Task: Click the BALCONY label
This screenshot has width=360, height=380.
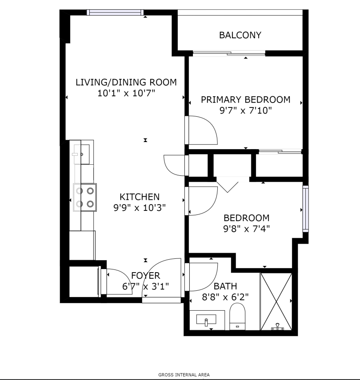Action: [240, 35]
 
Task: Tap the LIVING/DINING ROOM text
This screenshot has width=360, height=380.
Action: [126, 82]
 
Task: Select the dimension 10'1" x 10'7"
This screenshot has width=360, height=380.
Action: [126, 93]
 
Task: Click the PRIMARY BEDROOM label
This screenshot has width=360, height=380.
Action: [245, 99]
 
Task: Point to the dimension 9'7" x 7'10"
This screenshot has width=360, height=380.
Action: [245, 111]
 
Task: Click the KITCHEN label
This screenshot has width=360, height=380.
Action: [140, 197]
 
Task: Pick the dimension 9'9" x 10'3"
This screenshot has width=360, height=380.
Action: [140, 208]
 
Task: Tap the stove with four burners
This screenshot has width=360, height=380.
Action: [85, 198]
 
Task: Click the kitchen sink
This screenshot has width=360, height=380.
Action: [82, 154]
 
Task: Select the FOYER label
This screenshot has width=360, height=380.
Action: [145, 276]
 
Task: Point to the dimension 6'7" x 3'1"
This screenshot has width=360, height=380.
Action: [145, 286]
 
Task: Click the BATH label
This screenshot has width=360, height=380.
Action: [225, 286]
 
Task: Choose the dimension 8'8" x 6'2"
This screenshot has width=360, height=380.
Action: [225, 297]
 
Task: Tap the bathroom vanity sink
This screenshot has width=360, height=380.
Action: [206, 321]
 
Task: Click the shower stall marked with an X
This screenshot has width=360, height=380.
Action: [276, 301]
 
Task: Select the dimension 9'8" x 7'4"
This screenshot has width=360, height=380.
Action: [247, 229]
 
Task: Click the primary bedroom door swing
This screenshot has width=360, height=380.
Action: [203, 131]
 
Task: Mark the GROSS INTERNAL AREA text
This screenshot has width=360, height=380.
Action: [184, 375]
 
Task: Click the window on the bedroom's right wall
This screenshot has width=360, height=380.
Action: [306, 209]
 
